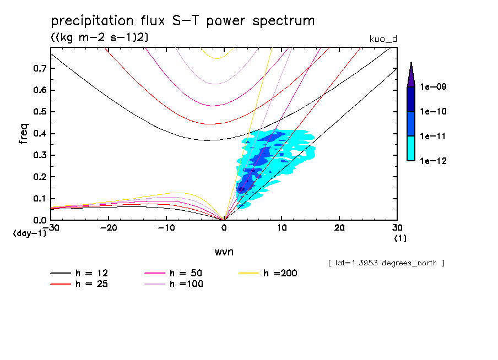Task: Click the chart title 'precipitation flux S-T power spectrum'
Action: tap(183, 21)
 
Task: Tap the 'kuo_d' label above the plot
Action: tap(382, 39)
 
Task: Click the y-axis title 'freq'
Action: tap(24, 134)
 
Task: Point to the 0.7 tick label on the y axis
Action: tap(39, 68)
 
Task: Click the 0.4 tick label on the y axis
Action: tap(39, 133)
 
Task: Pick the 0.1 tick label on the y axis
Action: tap(39, 198)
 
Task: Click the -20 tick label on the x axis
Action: tap(109, 228)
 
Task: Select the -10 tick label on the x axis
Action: tap(166, 228)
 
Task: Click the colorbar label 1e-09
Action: tap(433, 87)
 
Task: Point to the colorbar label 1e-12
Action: tap(433, 161)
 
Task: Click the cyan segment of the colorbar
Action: tap(411, 148)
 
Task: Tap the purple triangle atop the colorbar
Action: tap(411, 74)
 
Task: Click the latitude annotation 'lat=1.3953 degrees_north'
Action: tap(386, 263)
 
